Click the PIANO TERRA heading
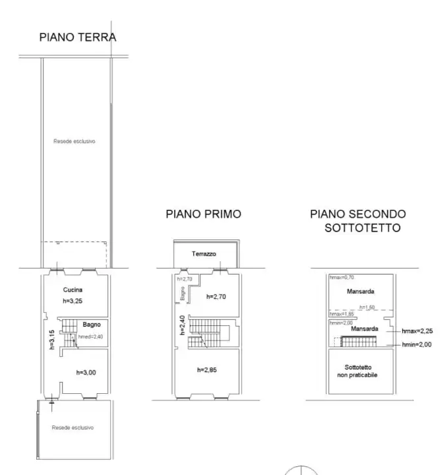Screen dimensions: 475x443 point(77,37)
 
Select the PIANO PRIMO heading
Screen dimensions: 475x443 point(203,214)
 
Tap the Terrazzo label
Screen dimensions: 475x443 point(204,253)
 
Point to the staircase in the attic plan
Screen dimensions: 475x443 point(358,342)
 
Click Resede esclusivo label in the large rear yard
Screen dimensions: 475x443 point(75,141)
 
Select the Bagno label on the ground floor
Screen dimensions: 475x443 point(91,324)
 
